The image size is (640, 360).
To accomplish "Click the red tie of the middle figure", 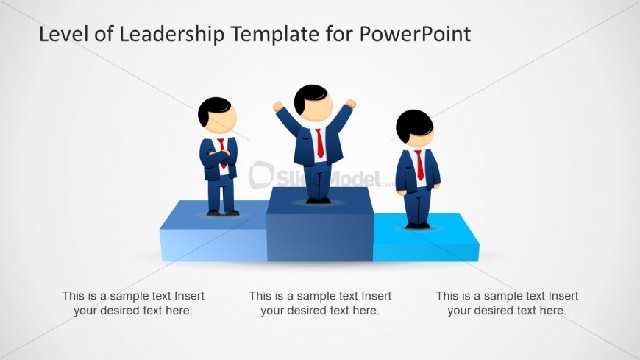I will (320, 143).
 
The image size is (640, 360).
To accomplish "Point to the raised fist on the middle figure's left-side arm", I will (278, 107).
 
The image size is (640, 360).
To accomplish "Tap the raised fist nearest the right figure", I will (351, 104).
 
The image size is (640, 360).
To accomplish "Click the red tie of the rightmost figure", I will (419, 164).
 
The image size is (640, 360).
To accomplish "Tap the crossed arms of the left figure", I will (218, 156).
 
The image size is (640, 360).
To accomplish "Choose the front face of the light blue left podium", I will (213, 245).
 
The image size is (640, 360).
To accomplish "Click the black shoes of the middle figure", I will (319, 200).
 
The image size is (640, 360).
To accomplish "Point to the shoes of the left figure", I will (223, 213).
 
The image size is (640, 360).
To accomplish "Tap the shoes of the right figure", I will (419, 225).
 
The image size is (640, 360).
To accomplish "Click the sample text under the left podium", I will (133, 303).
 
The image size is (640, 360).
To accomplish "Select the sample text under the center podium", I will (320, 303).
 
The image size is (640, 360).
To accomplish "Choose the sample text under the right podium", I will (507, 303).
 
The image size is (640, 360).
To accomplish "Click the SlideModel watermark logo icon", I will (261, 175).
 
